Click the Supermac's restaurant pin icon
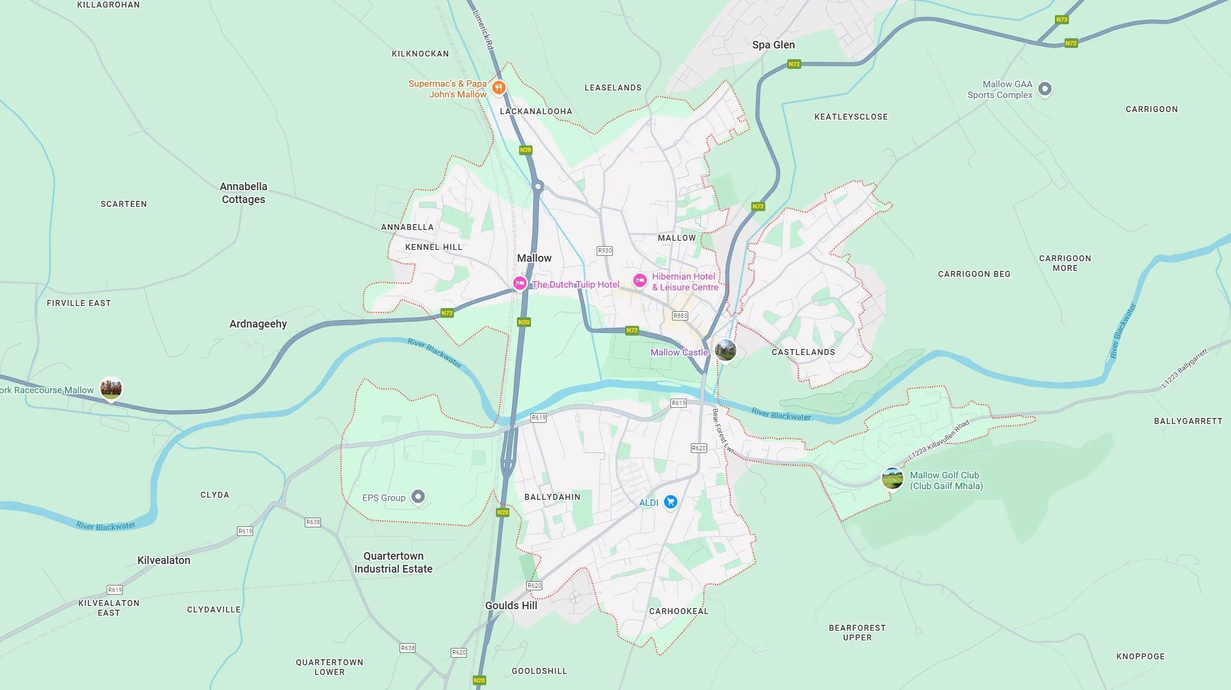[499, 87]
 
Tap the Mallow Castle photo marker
[725, 350]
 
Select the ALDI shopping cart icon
[670, 502]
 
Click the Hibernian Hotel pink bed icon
[640, 281]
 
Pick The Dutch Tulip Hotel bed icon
[520, 283]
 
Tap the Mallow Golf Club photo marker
[892, 478]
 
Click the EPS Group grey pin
[418, 497]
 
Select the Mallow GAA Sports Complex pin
[1045, 88]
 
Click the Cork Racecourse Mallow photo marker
[111, 388]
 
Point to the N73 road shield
[1061, 19]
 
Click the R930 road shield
[605, 250]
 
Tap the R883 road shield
[680, 316]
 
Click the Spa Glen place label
[773, 45]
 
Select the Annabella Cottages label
[243, 193]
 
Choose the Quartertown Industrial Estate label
[393, 562]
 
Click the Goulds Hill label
[511, 605]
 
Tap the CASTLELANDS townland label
[803, 352]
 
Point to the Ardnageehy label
[258, 324]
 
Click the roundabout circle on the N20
[537, 186]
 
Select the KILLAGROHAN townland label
[108, 5]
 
